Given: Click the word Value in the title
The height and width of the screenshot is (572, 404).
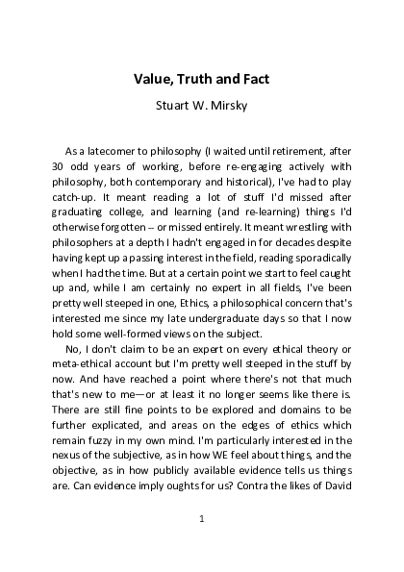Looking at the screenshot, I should tap(152, 79).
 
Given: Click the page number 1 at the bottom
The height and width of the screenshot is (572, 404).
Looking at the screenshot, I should tap(202, 519).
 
